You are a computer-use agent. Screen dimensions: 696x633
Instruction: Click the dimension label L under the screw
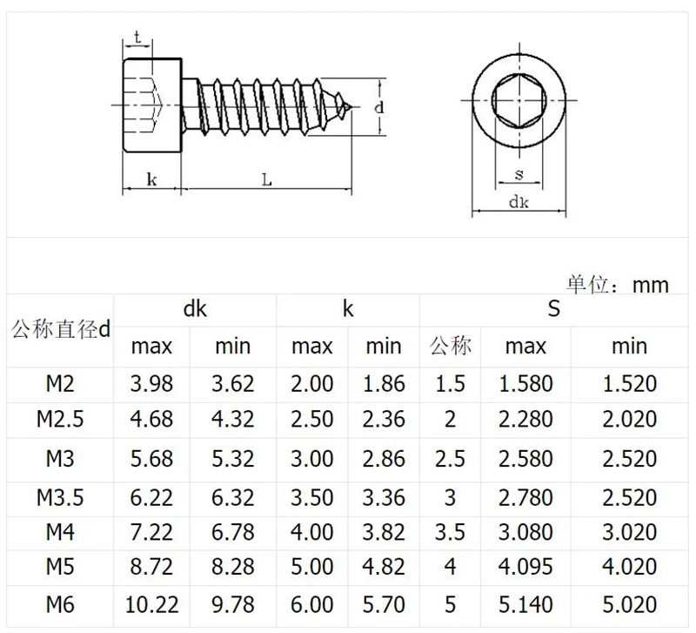click(x=266, y=180)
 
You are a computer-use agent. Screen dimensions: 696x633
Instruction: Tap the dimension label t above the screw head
click(x=137, y=37)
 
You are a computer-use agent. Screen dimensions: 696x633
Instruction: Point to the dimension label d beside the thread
click(x=378, y=107)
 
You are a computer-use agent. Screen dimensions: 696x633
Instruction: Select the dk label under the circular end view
click(x=519, y=202)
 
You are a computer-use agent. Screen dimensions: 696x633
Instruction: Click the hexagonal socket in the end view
click(x=519, y=100)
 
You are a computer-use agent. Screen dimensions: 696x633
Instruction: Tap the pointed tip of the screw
click(x=351, y=106)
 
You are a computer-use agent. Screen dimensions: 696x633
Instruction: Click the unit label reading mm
click(x=650, y=286)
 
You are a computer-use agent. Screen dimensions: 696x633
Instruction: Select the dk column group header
click(x=195, y=308)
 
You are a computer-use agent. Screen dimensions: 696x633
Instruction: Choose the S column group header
click(x=553, y=308)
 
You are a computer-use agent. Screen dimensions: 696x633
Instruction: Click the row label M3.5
click(x=60, y=497)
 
